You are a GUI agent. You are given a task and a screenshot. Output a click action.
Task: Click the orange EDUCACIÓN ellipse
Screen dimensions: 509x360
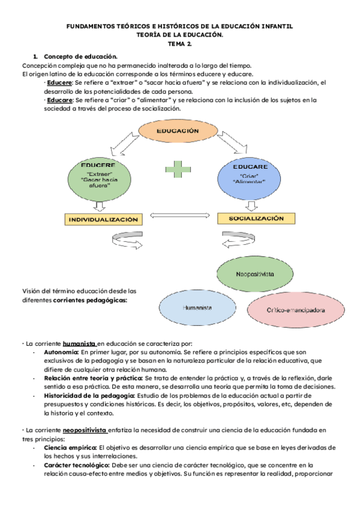(177, 131)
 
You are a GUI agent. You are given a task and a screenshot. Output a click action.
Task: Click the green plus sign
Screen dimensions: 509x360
(176, 169)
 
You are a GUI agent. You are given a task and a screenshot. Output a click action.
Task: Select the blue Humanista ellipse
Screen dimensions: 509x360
(197, 307)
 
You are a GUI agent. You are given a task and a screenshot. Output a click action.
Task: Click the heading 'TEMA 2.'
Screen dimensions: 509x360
(180, 45)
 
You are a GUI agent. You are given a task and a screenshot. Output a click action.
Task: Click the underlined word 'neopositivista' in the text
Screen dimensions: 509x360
(86, 430)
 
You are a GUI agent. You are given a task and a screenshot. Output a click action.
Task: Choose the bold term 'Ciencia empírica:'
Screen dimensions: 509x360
(70, 448)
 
